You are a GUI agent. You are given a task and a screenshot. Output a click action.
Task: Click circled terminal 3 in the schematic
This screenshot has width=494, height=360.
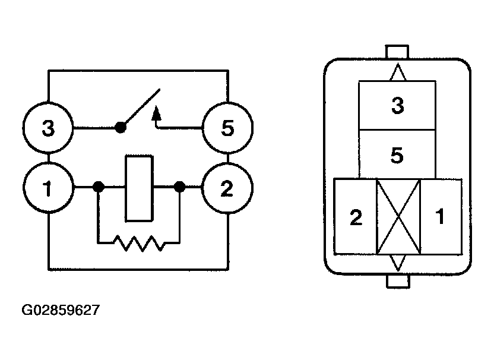coord(48,128)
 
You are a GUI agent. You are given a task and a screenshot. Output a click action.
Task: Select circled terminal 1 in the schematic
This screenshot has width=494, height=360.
coord(48,188)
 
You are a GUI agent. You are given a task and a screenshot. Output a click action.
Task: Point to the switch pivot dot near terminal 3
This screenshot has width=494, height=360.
coord(121,127)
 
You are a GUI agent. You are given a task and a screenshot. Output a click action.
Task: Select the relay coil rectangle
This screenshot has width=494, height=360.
coord(139,188)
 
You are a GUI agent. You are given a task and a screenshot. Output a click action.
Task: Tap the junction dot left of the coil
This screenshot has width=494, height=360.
coord(99,188)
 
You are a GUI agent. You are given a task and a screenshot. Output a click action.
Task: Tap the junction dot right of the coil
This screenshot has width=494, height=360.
coord(179,188)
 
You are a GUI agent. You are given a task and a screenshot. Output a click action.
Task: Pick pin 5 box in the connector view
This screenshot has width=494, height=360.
coord(397,155)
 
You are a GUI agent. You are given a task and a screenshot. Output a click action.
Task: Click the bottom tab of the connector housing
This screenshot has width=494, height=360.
coord(398,280)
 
